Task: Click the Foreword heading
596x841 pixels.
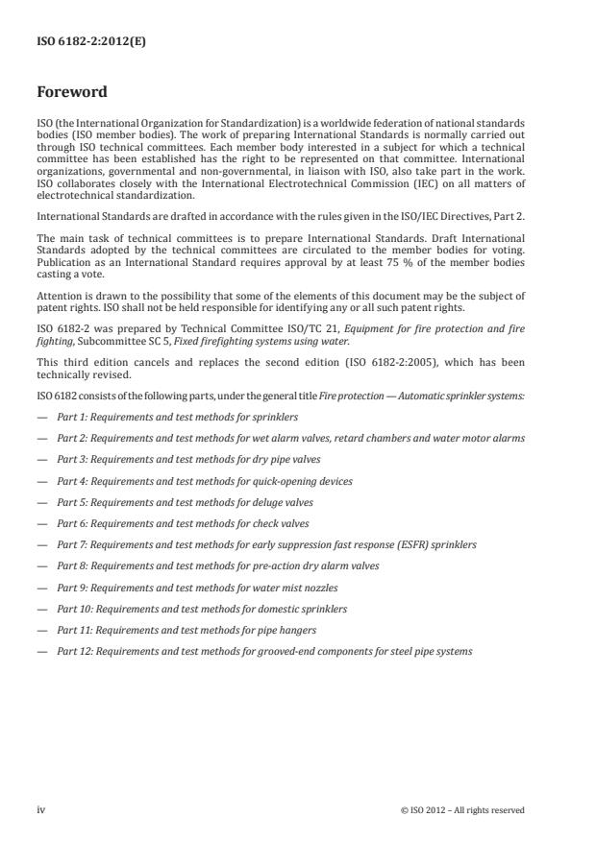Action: tap(72, 93)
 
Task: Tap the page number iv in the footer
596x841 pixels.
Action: tap(41, 809)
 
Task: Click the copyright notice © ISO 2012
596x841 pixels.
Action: tap(462, 810)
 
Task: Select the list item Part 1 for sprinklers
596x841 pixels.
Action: tap(177, 418)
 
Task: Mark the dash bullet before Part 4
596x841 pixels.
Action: tap(41, 481)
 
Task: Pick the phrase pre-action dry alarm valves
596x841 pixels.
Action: tap(317, 566)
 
